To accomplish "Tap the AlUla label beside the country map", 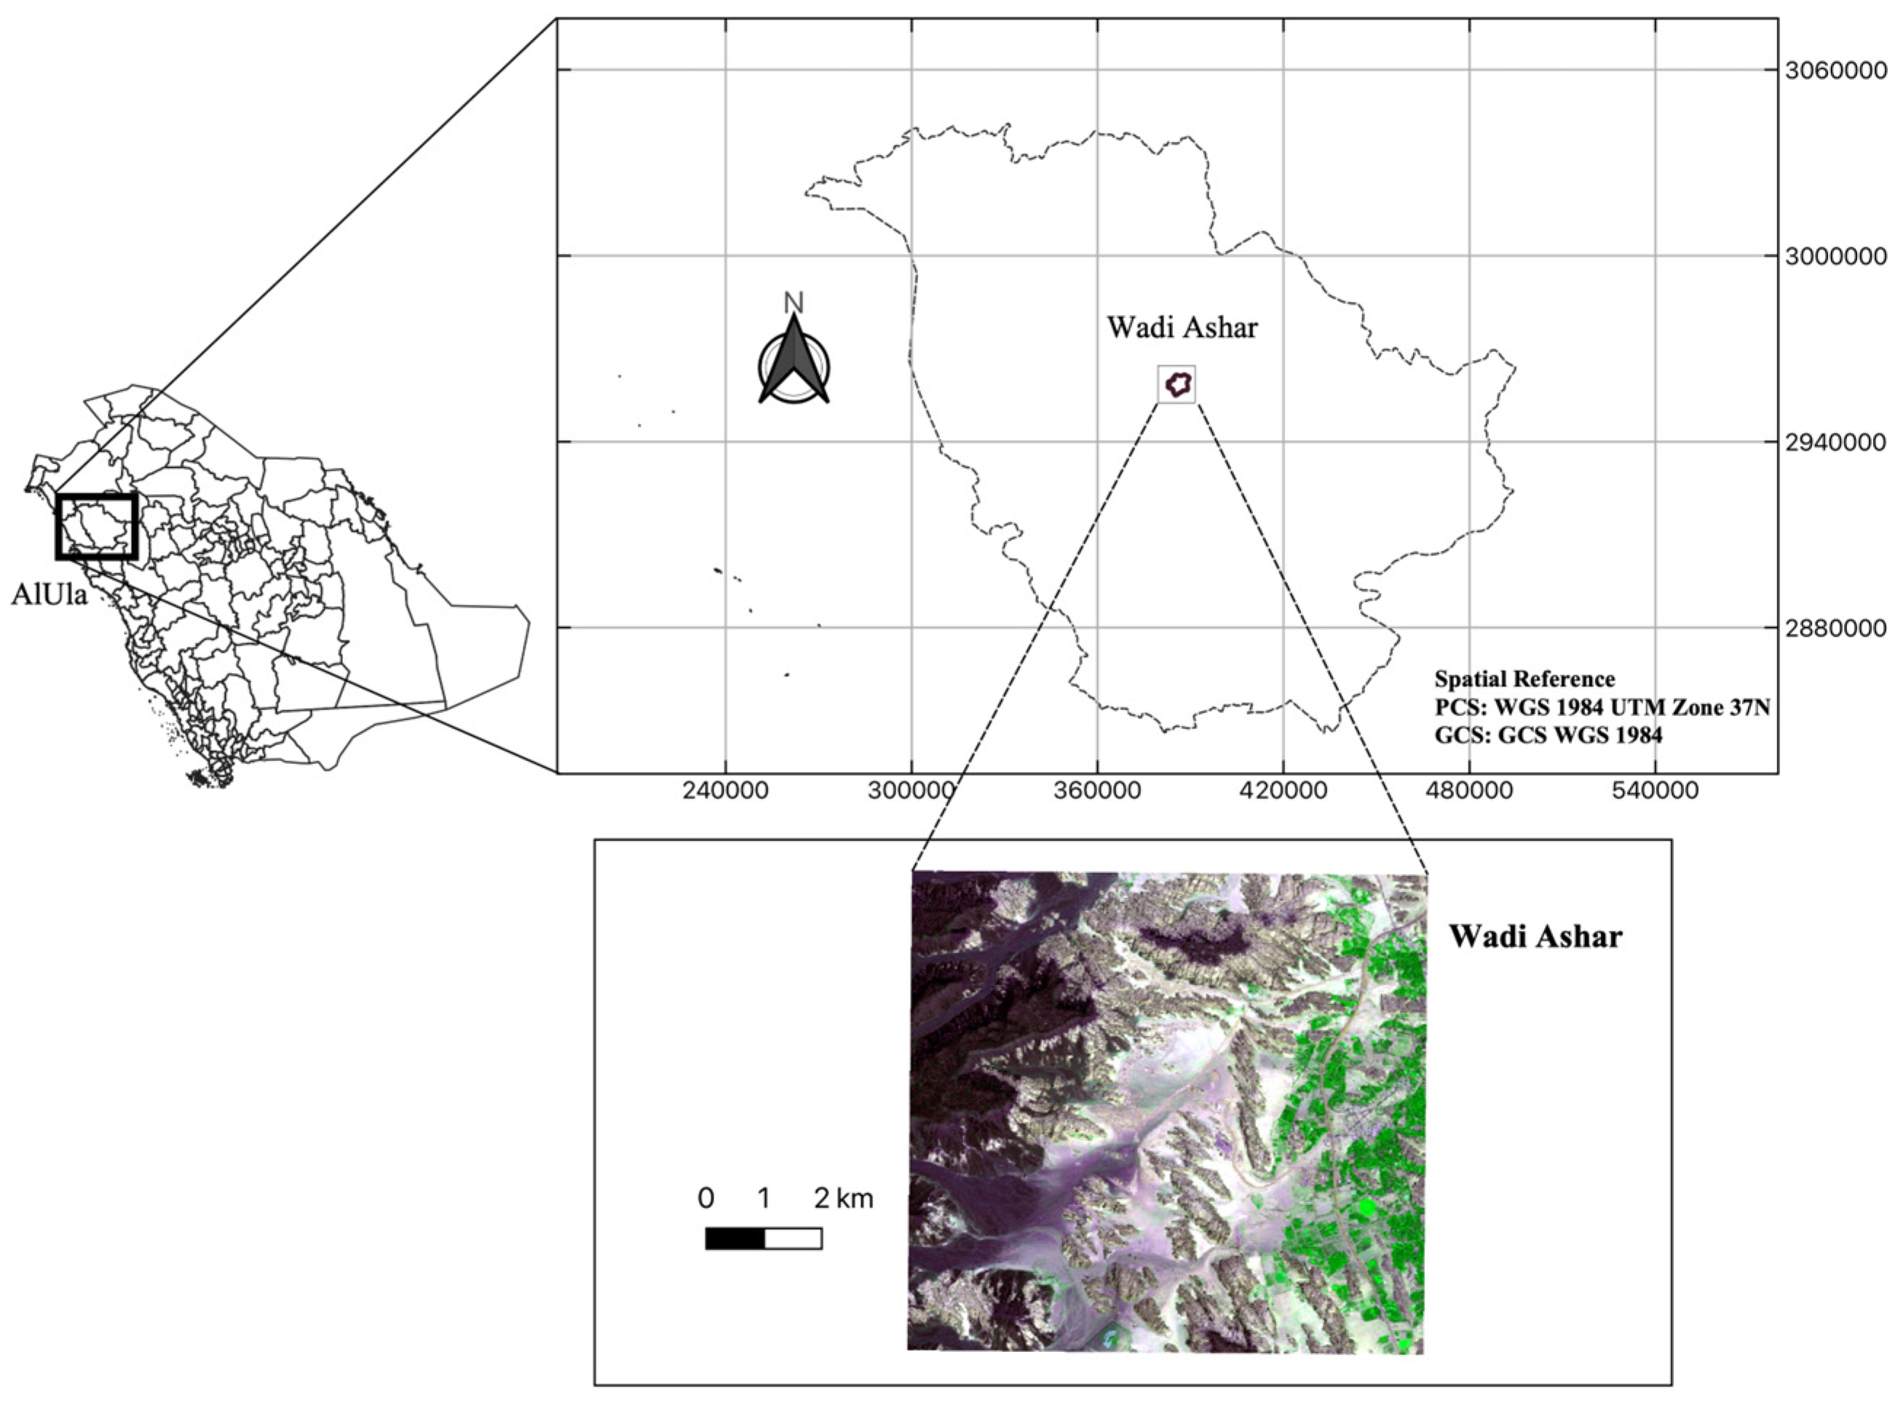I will click(50, 594).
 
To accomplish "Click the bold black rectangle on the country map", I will click(96, 528).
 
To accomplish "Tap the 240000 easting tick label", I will click(726, 790).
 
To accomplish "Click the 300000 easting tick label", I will click(912, 790).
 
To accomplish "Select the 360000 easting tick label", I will click(1096, 790).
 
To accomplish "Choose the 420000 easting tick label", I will click(1283, 790).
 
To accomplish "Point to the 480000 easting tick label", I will click(1469, 790).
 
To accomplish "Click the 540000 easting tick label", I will click(1655, 790).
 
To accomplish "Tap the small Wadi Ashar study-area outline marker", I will click(1177, 384).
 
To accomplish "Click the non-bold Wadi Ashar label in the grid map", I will click(1182, 327).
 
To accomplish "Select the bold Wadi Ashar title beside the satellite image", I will click(1535, 936).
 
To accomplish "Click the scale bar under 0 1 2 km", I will click(763, 1238).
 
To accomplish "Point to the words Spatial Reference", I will click(1525, 680).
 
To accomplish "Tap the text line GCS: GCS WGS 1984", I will click(1549, 735).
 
